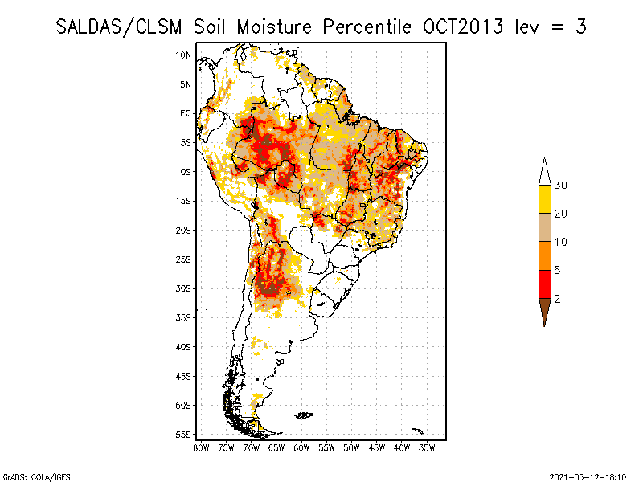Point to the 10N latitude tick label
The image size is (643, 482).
tap(184, 55)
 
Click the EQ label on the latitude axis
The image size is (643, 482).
tap(186, 113)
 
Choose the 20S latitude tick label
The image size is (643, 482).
tap(184, 230)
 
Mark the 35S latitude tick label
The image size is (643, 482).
tap(184, 317)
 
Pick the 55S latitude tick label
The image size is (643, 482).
tap(184, 434)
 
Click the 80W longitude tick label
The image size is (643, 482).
tap(201, 447)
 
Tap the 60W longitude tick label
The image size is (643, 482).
tap(301, 447)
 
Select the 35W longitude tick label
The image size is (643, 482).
tap(428, 447)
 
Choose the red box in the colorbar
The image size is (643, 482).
tap(544, 284)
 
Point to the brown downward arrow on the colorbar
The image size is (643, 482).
tap(544, 311)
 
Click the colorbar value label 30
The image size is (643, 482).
tap(560, 186)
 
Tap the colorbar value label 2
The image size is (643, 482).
tap(557, 298)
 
